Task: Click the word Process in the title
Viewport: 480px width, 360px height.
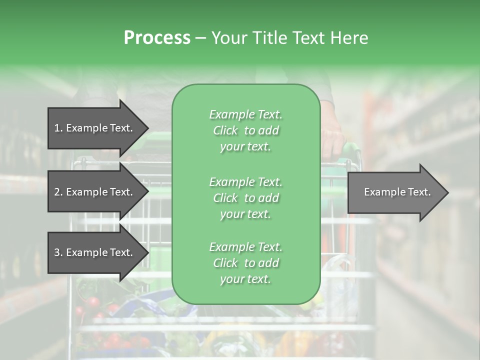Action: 157,38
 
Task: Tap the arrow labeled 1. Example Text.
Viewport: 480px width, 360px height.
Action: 95,128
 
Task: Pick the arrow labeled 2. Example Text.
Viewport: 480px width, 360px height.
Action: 95,192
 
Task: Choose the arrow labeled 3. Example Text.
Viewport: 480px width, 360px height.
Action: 95,252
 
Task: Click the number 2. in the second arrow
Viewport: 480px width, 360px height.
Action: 58,192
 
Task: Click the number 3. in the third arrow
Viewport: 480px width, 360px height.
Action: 58,252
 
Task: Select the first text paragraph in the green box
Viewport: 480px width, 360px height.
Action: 245,130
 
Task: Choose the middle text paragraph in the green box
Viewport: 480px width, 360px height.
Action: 245,198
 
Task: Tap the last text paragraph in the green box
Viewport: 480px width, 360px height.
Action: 245,263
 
